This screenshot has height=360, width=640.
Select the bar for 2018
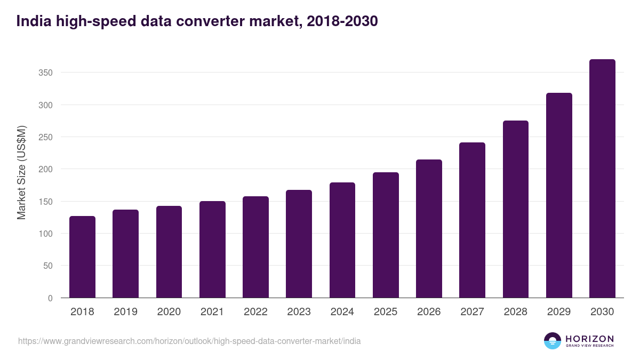pyautogui.click(x=82, y=257)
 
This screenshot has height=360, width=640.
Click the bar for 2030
pyautogui.click(x=602, y=179)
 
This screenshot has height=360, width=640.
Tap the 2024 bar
pyautogui.click(x=342, y=240)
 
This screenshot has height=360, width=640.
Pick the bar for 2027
pyautogui.click(x=472, y=220)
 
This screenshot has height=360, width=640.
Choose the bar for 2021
pyautogui.click(x=212, y=250)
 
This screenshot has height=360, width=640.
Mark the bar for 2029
pyautogui.click(x=559, y=195)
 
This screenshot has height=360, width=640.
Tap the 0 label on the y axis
pyautogui.click(x=50, y=298)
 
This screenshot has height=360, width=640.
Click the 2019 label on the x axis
pyautogui.click(x=125, y=312)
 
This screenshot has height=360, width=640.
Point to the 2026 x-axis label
pyautogui.click(x=429, y=312)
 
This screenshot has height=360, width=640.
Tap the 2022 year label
pyautogui.click(x=255, y=312)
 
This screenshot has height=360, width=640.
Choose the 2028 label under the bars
pyautogui.click(x=516, y=312)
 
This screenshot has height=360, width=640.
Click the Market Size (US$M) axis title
pyautogui.click(x=21, y=172)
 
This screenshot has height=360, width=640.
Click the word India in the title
pyautogui.click(x=32, y=21)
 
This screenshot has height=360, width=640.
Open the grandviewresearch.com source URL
pyautogui.click(x=189, y=341)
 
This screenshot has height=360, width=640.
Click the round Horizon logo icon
pyautogui.click(x=553, y=341)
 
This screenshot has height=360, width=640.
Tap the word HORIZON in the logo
pyautogui.click(x=589, y=338)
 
